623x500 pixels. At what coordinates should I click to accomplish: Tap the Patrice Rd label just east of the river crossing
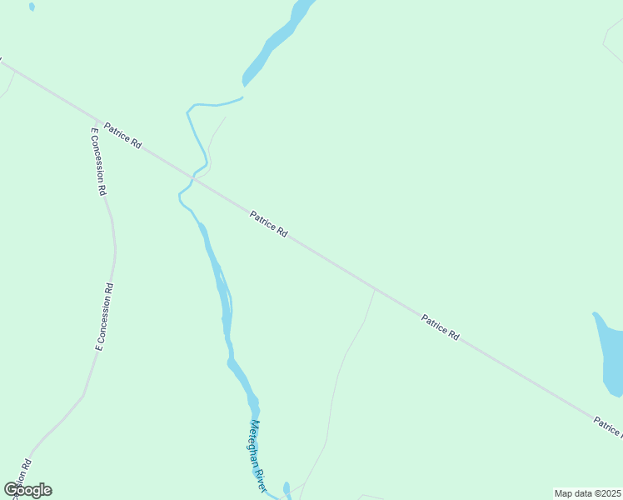(269, 224)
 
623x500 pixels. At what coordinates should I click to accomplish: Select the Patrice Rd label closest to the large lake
(441, 327)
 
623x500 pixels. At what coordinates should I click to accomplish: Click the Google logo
(27, 490)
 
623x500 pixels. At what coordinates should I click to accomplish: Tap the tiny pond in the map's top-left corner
(32, 7)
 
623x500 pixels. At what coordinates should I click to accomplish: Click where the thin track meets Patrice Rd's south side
(375, 290)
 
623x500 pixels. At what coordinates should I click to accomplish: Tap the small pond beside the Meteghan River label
(287, 488)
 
